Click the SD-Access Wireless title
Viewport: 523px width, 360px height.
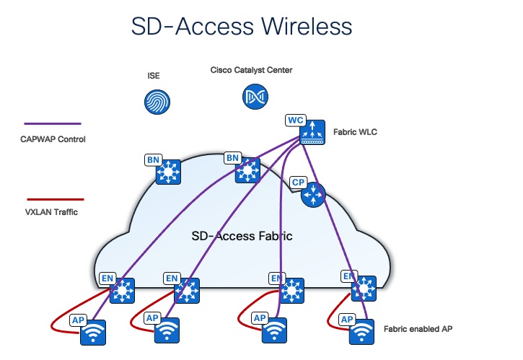pos(241,27)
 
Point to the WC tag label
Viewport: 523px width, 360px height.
pos(296,119)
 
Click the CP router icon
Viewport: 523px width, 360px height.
pos(314,193)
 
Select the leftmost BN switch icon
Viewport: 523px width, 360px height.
pos(168,172)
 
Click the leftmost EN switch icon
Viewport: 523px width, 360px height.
pos(122,291)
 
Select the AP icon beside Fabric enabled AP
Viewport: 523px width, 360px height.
pos(362,332)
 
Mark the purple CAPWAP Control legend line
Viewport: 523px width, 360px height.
pos(53,124)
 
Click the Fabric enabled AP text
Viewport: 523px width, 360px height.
pos(418,328)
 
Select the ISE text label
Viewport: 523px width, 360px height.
pos(153,75)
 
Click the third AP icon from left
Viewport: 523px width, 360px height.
pos(273,331)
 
